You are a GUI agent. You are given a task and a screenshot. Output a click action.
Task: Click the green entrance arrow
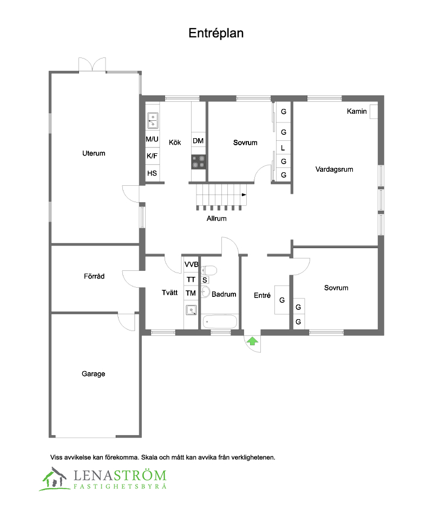(x=252, y=341)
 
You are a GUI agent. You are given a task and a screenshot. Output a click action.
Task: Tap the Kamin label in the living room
(x=357, y=112)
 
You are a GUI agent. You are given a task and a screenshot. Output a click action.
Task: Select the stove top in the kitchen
(x=199, y=162)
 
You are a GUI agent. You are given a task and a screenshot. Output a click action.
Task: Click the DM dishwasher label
(x=198, y=141)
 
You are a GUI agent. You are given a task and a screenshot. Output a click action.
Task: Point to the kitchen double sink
(x=153, y=120)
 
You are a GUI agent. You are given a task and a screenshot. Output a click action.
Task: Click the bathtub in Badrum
(x=220, y=322)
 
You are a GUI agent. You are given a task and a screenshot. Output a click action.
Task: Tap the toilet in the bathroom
(x=208, y=270)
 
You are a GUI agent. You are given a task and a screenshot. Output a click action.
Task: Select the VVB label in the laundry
(x=191, y=264)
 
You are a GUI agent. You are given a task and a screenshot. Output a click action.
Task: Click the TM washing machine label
(x=191, y=293)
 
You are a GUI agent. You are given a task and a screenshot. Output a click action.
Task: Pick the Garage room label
(x=93, y=374)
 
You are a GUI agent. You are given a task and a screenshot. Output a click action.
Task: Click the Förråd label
(x=94, y=276)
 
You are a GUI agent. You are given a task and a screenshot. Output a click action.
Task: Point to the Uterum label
(x=94, y=153)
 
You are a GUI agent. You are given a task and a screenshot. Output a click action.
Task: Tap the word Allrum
(x=216, y=218)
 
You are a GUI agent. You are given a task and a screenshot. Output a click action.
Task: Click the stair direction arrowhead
(x=244, y=195)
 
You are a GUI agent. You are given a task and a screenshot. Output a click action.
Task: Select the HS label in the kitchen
(x=152, y=173)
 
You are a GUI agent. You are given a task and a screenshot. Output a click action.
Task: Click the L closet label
(x=283, y=148)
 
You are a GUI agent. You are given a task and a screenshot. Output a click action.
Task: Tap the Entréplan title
(x=216, y=33)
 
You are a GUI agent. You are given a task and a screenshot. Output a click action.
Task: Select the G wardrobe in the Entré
(x=282, y=300)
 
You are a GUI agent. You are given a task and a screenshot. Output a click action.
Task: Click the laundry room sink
(x=191, y=309)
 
